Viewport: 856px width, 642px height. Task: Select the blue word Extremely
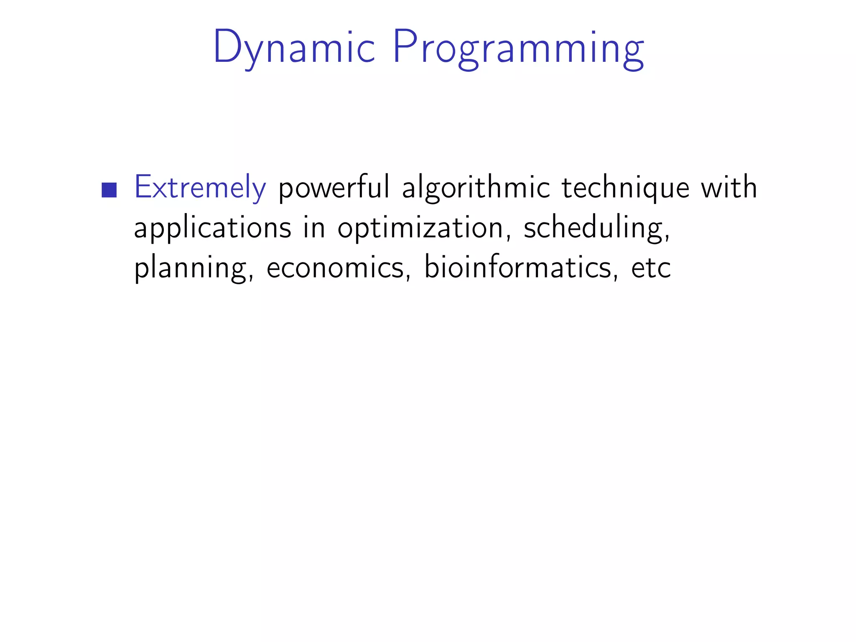(200, 188)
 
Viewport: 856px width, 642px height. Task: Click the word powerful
(334, 188)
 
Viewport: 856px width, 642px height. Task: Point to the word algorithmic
(476, 188)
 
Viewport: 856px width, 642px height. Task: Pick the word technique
(625, 188)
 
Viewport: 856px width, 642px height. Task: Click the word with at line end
(729, 187)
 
